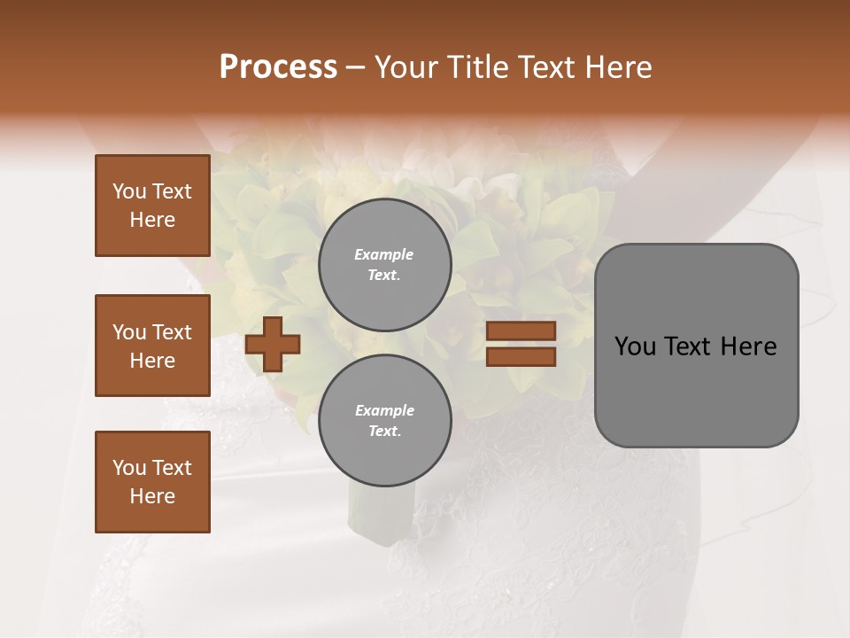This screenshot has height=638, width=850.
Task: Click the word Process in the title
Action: (278, 67)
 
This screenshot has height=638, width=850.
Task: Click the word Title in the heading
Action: (477, 67)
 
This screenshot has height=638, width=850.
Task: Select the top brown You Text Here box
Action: (152, 206)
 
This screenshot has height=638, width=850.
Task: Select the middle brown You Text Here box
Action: (152, 346)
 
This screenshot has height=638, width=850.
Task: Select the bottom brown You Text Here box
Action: (152, 482)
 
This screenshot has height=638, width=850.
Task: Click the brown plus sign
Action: (273, 344)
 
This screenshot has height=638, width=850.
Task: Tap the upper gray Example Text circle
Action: (384, 265)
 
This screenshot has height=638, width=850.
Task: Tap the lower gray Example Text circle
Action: (384, 421)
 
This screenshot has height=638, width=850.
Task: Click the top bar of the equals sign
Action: (521, 331)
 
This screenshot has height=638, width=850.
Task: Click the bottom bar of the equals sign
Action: (521, 356)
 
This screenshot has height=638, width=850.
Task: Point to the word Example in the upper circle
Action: (384, 254)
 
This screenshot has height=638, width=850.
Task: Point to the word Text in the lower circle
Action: (383, 432)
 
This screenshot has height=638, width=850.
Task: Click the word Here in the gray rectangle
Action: (750, 346)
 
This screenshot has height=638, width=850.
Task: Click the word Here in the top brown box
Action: (152, 220)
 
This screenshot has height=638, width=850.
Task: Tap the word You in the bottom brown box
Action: (129, 468)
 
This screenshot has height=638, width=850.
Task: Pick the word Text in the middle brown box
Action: (172, 332)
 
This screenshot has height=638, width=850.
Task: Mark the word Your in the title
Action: (407, 67)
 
